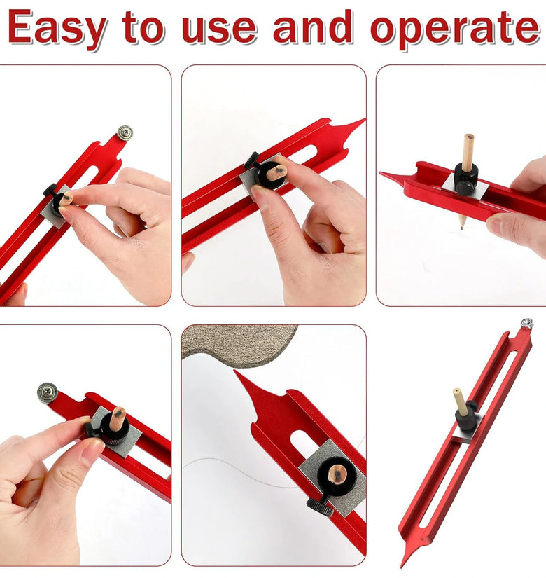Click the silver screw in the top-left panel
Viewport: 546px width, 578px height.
125,132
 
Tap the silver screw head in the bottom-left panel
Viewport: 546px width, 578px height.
48,392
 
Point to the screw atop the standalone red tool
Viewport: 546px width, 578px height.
527,324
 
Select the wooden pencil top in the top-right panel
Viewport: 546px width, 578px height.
468,152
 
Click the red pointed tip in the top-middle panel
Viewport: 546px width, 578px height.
363,121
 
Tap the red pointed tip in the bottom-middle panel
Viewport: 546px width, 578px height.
236,373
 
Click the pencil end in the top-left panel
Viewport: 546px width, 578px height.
66,199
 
